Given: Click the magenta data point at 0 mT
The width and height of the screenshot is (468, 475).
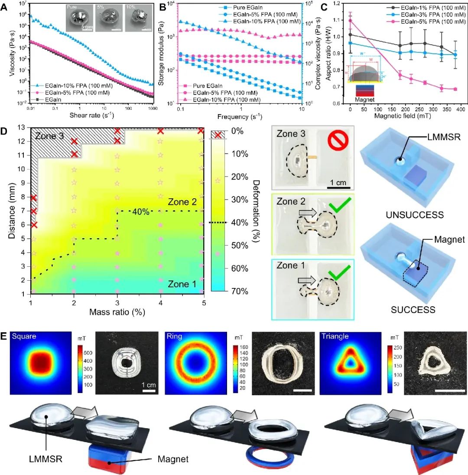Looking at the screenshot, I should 350,20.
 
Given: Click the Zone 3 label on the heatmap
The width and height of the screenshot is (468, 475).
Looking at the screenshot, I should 50,136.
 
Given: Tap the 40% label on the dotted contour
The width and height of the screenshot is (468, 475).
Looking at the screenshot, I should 141,211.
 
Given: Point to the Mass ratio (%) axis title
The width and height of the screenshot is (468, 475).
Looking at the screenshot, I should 117,312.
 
